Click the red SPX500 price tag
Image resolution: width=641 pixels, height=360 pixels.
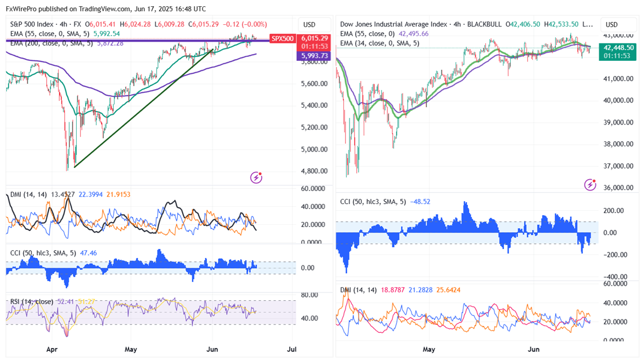pyautogui.click(x=282, y=38)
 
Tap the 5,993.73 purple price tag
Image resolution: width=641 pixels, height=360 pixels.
pyautogui.click(x=313, y=56)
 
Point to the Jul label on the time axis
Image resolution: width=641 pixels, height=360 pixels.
pyautogui.click(x=293, y=349)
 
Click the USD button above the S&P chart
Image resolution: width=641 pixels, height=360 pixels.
pyautogui.click(x=309, y=25)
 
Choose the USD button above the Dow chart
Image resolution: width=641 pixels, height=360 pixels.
pyautogui.click(x=612, y=25)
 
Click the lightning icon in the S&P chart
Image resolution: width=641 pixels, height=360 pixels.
pyautogui.click(x=257, y=178)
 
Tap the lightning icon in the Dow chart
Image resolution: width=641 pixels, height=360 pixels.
pyautogui.click(x=590, y=184)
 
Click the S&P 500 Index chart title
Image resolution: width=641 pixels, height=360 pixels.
pyautogui.click(x=33, y=24)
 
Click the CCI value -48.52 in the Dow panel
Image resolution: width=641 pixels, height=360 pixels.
pyautogui.click(x=421, y=201)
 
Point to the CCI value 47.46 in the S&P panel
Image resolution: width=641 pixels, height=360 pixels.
pyautogui.click(x=88, y=253)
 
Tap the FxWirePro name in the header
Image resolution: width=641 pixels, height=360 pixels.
pyautogui.click(x=22, y=9)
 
